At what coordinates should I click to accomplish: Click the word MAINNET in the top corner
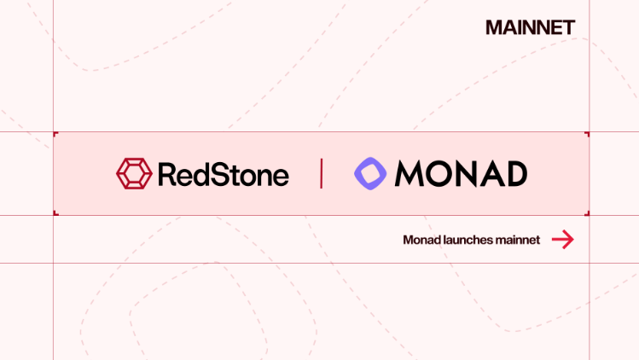tap(530, 27)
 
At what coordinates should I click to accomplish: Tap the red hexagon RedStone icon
tap(134, 173)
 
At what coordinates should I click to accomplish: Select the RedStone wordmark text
tap(224, 174)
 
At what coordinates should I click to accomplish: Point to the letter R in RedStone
tap(167, 174)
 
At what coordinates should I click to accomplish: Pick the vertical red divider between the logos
tap(322, 173)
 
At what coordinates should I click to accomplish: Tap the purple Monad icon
tap(370, 173)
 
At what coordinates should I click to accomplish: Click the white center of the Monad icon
tap(370, 173)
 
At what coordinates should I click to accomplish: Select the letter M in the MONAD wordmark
tap(411, 174)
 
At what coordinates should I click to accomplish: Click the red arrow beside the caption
tap(562, 240)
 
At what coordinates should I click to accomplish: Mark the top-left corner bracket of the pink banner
tap(55, 134)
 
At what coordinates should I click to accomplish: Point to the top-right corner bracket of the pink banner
tap(587, 134)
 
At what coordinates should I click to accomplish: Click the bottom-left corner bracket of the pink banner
tap(55, 213)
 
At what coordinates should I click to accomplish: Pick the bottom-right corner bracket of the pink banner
tap(587, 213)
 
